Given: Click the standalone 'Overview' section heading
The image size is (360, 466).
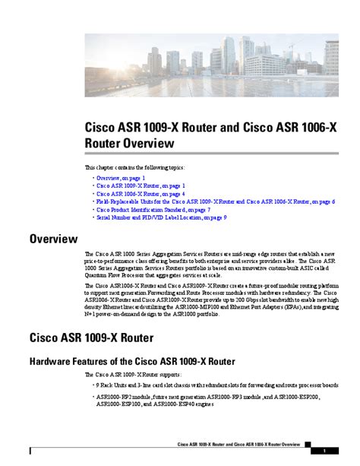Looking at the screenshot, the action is click(54, 239).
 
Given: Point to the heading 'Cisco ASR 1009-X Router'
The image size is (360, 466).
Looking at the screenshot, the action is click(91, 336).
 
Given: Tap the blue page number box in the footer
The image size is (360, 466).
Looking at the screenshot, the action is click(324, 449).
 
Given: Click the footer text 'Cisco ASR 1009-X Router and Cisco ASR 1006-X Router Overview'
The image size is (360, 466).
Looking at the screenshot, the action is click(238, 444).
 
